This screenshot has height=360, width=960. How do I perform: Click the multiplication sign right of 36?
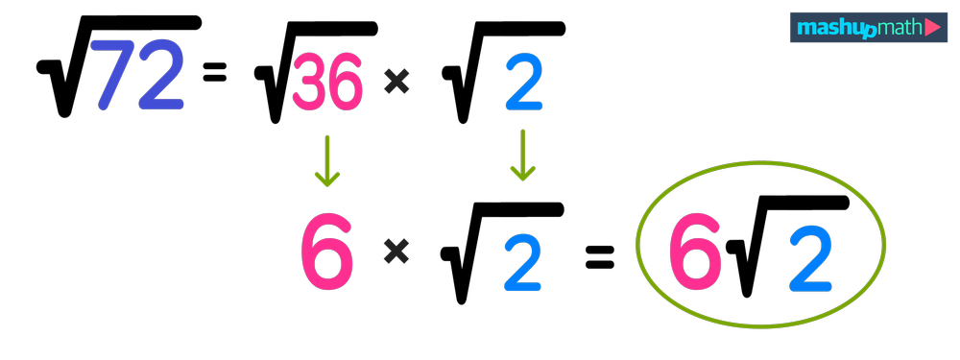point(396,83)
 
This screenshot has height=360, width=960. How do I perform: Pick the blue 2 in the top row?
point(524,84)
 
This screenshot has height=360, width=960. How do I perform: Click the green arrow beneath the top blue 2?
point(522,155)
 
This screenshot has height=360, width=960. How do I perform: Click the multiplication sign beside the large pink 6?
point(396,252)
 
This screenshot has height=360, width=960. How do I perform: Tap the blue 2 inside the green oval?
point(811,259)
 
